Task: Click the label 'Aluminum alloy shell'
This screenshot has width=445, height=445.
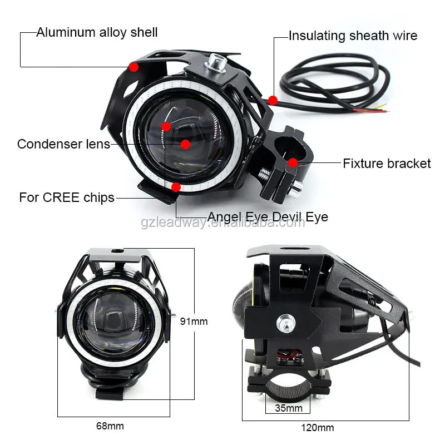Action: [97, 32]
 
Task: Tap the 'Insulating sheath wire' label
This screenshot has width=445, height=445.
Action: [353, 37]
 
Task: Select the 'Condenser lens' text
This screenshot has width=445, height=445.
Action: [63, 144]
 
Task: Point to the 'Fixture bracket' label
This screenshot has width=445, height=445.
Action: [387, 164]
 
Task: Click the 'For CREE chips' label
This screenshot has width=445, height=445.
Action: [67, 197]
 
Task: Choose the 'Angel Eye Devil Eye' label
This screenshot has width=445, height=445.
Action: [268, 216]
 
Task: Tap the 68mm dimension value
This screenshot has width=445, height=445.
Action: [110, 426]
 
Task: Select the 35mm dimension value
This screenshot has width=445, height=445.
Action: [288, 408]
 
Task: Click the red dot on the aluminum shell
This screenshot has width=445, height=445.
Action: [133, 67]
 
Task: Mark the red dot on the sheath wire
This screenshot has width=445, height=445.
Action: [273, 100]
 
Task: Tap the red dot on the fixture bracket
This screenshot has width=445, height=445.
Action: [293, 162]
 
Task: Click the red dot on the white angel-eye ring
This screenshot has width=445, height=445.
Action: [176, 187]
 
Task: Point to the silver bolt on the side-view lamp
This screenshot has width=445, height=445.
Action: [286, 321]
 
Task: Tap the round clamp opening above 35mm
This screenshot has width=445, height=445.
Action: [289, 386]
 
